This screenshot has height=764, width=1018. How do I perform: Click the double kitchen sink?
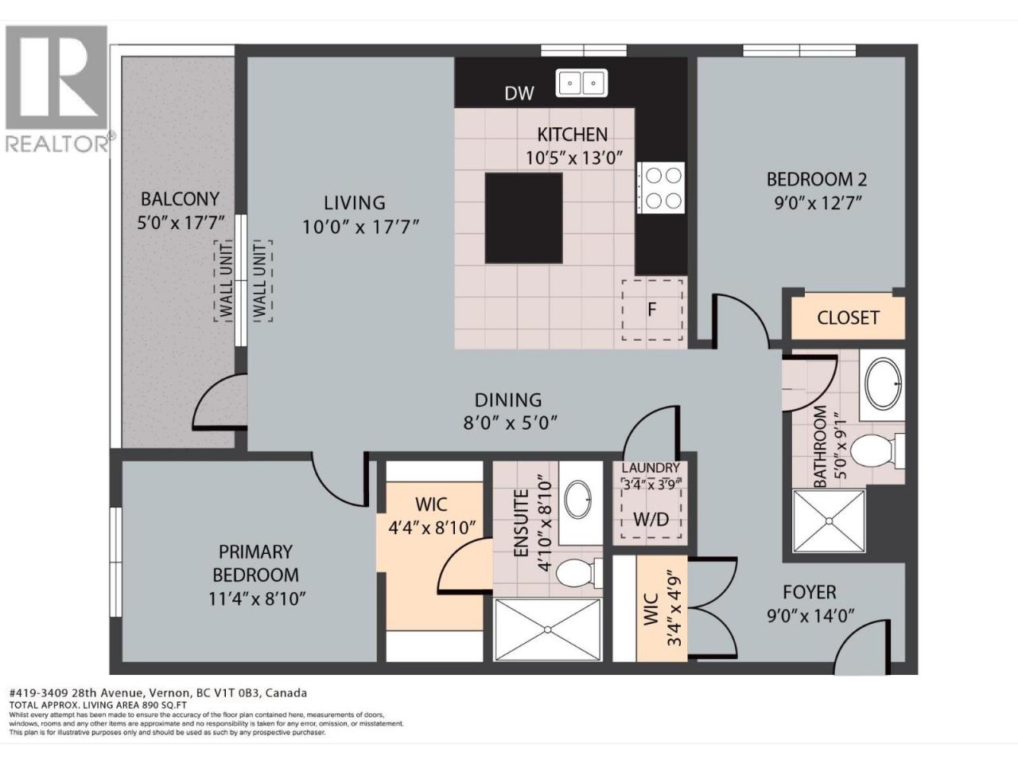point(582,84)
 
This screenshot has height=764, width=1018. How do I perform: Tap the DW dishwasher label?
point(519,94)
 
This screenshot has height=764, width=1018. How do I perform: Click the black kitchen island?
point(524,218)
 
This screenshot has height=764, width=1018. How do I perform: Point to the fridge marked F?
point(652,310)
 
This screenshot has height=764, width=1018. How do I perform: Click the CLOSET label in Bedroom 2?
point(848,318)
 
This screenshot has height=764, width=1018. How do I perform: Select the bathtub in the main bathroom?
point(883,385)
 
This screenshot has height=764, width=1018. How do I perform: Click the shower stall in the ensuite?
point(548,630)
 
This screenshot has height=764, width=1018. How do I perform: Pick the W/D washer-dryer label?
point(651,520)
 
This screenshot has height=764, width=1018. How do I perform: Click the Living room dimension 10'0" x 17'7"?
point(361,228)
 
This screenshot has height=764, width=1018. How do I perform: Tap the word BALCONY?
point(180,199)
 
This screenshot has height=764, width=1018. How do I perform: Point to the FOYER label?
point(810,592)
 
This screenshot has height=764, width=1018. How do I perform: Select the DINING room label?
point(508,400)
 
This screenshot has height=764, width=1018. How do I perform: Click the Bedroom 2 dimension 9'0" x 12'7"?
point(818,203)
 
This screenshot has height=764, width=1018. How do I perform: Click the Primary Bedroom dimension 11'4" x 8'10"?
point(256,598)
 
